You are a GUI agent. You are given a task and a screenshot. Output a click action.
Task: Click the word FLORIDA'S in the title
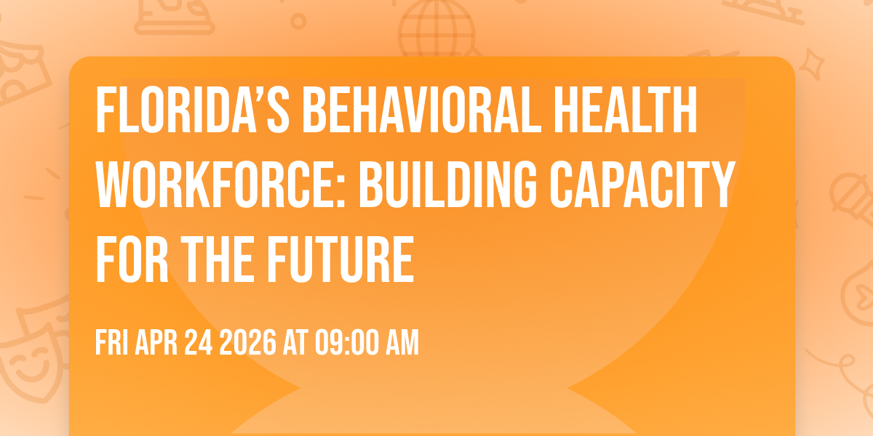click(193, 110)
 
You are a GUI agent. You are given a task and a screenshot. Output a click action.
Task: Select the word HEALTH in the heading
click(626, 110)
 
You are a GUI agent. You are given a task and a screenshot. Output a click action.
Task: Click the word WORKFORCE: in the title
click(221, 185)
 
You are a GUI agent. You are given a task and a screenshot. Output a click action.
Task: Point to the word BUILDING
click(448, 185)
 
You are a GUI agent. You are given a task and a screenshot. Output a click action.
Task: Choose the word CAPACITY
click(642, 185)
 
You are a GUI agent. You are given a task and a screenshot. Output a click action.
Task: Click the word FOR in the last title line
click(132, 259)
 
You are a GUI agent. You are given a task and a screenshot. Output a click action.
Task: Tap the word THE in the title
click(217, 259)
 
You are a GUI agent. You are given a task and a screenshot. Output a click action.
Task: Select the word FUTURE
click(340, 259)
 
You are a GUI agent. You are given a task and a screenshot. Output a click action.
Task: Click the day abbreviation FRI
click(112, 342)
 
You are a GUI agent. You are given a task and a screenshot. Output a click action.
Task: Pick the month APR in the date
click(156, 342)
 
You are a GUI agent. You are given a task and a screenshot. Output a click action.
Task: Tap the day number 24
click(199, 342)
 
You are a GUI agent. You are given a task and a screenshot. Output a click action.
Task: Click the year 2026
click(248, 342)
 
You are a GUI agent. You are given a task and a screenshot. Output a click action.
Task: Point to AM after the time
click(402, 342)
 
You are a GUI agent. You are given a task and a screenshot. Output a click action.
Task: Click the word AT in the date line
click(295, 342)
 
